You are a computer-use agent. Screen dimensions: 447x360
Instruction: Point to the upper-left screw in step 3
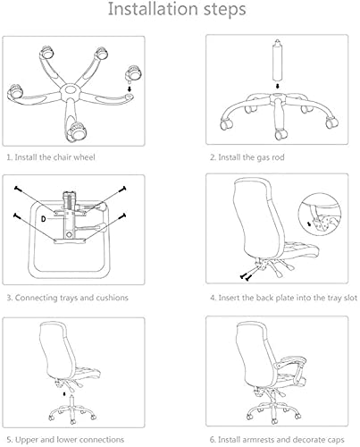[x=17, y=189]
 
